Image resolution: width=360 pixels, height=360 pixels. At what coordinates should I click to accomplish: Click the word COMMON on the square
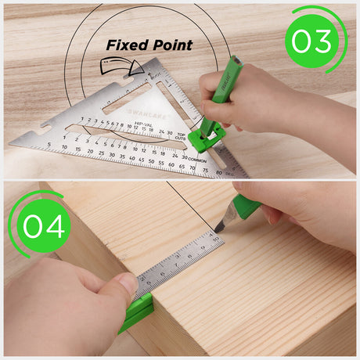pos(198,159)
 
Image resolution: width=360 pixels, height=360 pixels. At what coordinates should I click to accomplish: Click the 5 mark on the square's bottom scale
pos(50,146)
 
